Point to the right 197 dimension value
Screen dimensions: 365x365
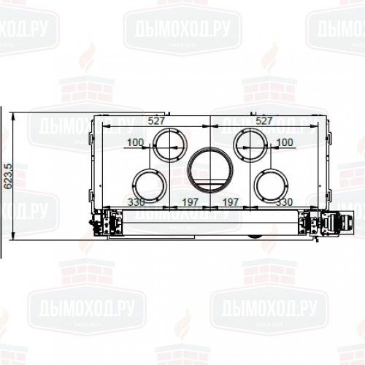(231, 201)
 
